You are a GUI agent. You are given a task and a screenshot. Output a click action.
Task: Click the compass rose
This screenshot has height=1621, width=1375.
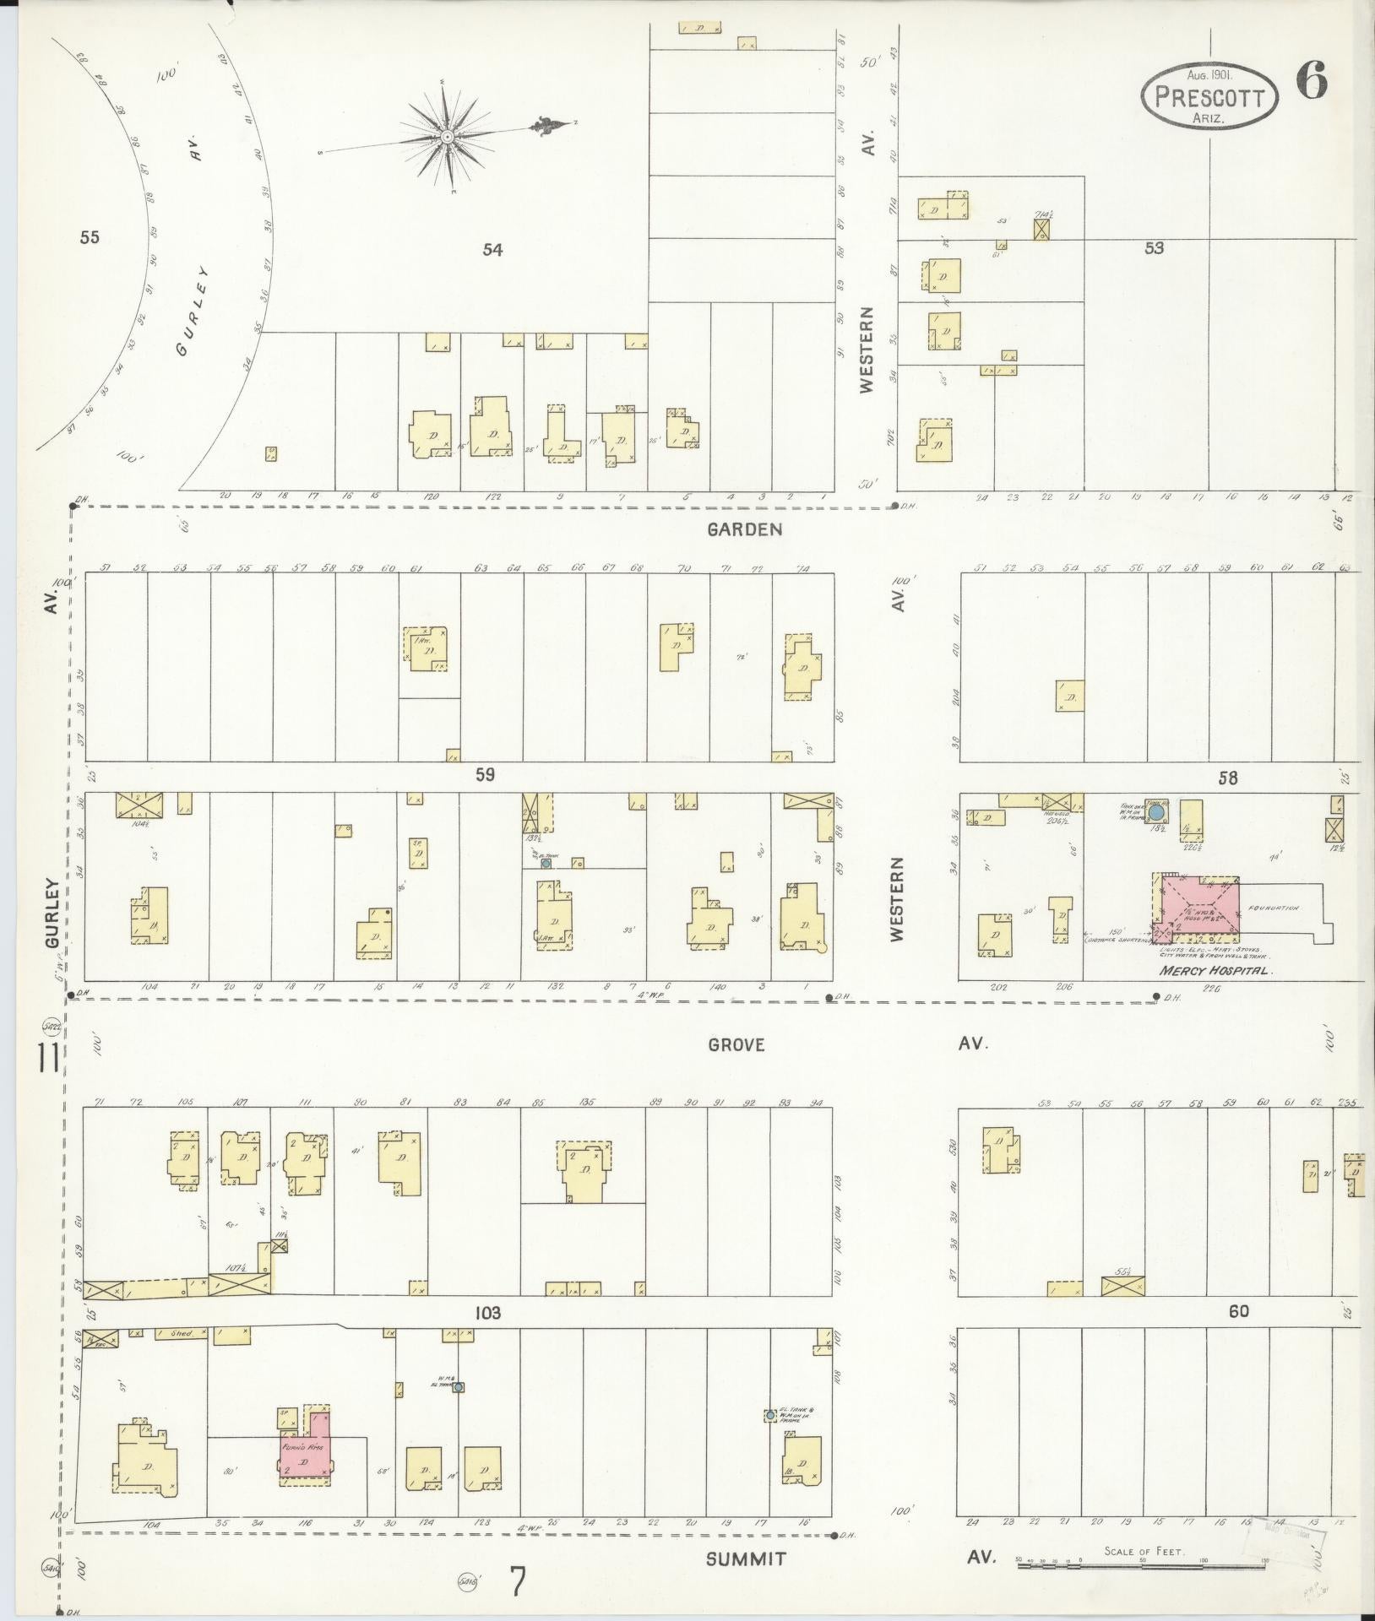tap(448, 136)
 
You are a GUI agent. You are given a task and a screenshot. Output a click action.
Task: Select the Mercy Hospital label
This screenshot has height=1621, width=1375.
tap(1215, 971)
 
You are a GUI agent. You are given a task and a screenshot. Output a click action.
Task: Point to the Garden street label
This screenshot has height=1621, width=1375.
tap(744, 529)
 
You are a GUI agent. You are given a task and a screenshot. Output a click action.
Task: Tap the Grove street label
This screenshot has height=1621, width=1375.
tap(736, 1044)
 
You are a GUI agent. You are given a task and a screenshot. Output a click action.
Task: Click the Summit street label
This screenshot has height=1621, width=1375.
tap(746, 1558)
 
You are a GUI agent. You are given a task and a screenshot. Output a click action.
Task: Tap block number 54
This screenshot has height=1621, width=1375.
tap(492, 249)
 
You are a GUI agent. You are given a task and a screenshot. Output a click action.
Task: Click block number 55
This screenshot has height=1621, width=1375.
tap(90, 237)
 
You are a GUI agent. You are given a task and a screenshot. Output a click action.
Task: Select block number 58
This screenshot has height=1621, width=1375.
tap(1227, 778)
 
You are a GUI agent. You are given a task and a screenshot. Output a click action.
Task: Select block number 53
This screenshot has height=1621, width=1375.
tap(1154, 247)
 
